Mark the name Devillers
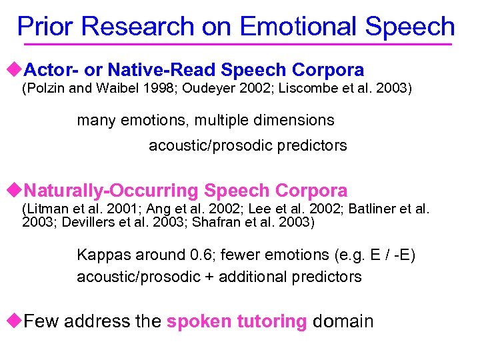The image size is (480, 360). click(84, 221)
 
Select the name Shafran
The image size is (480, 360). click(213, 221)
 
